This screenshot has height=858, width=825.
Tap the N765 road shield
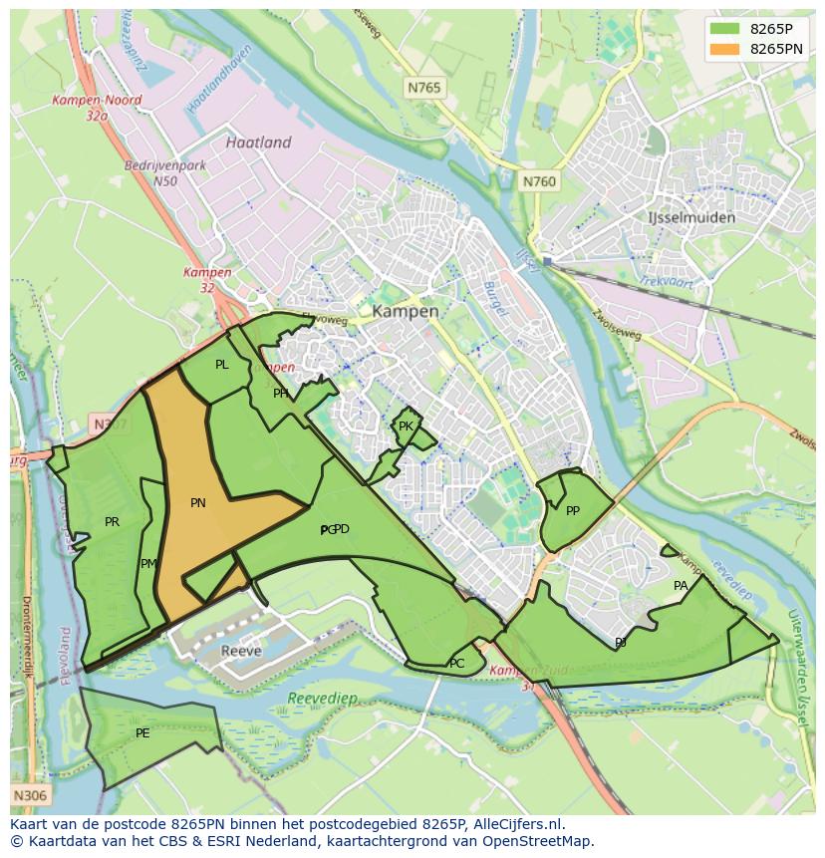tap(423, 89)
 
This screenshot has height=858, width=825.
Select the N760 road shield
tap(539, 181)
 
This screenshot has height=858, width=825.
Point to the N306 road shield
tap(29, 795)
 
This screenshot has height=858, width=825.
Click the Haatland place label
tap(258, 143)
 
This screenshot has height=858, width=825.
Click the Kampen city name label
tap(405, 311)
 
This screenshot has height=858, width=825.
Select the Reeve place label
tap(241, 651)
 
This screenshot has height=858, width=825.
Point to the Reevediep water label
tap(321, 700)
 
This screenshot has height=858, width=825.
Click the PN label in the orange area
tap(198, 503)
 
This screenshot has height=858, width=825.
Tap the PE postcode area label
tap(142, 733)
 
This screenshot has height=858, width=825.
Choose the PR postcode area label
tap(112, 521)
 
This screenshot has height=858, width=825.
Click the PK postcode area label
tap(406, 427)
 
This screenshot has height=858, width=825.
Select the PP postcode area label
tap(573, 511)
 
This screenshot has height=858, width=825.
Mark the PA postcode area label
tap(681, 586)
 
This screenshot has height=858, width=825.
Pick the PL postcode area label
tap(221, 365)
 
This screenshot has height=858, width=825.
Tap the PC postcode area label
tap(456, 664)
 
